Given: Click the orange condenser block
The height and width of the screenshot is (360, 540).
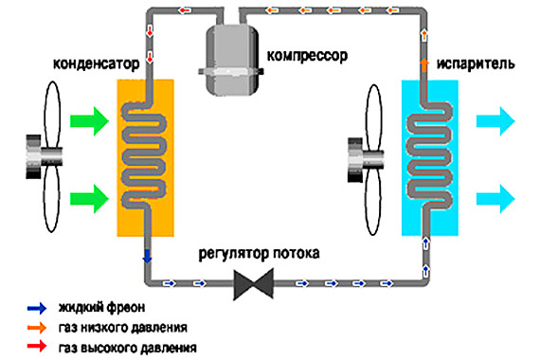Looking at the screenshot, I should [x=145, y=157].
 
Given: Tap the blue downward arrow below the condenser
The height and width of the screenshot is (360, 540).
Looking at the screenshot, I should [x=146, y=255].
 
